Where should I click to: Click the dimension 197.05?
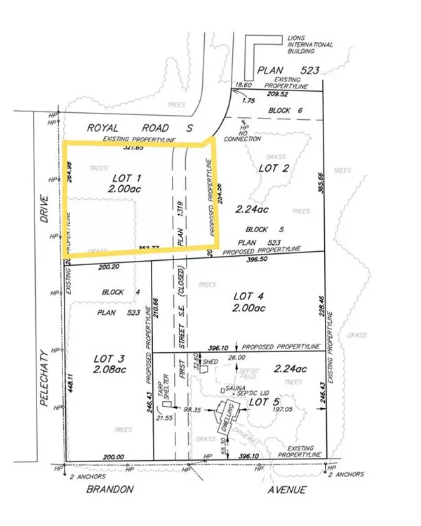point(284,414)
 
